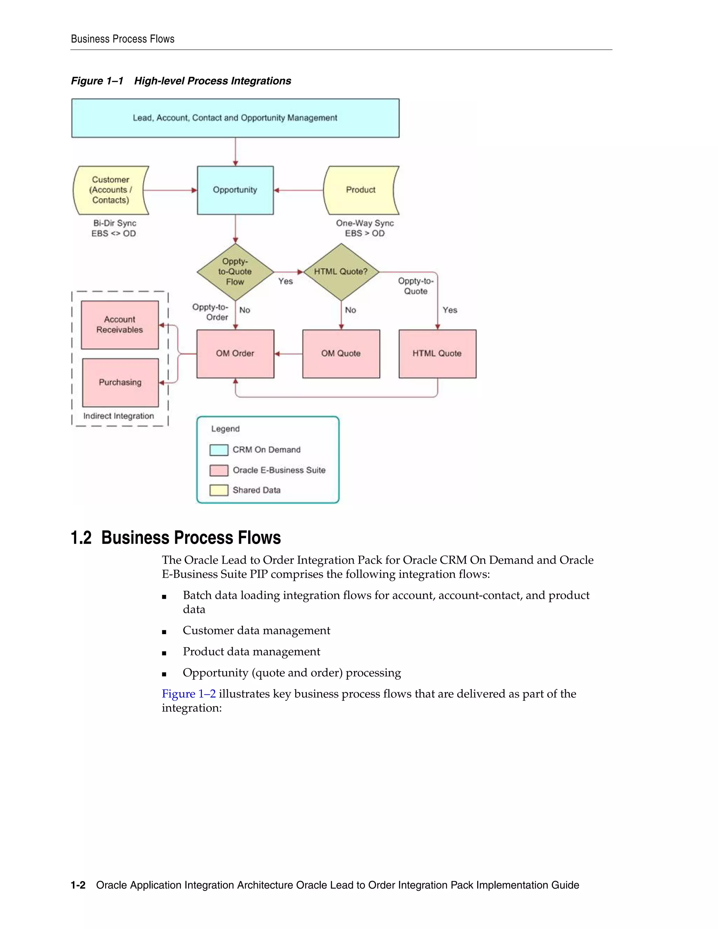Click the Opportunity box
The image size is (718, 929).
click(235, 190)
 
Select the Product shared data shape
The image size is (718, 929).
click(360, 190)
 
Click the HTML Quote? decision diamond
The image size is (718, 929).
click(341, 272)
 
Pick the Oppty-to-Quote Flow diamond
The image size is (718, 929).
click(235, 272)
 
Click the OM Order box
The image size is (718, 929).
click(235, 353)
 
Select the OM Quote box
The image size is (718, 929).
click(341, 353)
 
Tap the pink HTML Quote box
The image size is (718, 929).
click(437, 353)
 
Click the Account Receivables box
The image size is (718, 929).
click(120, 325)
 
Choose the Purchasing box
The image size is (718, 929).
click(120, 382)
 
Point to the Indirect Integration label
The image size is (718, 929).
click(119, 416)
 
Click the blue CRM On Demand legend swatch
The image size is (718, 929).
click(219, 450)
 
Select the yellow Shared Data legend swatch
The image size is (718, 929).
click(219, 490)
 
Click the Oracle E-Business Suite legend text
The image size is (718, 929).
click(279, 470)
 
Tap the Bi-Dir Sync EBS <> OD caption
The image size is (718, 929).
click(114, 229)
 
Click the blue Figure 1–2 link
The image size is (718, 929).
click(188, 694)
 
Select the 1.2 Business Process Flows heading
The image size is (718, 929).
click(176, 538)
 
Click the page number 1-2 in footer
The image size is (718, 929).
click(78, 885)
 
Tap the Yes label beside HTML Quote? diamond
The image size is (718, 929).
click(449, 310)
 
